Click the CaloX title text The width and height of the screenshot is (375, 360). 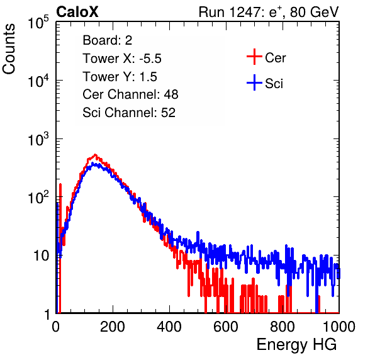[x=77, y=12]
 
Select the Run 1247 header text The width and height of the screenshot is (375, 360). [x=269, y=12]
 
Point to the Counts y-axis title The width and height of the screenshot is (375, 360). [x=9, y=49]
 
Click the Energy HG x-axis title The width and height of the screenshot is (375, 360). [x=296, y=345]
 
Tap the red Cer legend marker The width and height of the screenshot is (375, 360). [x=254, y=57]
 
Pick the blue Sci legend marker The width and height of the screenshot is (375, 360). [x=254, y=82]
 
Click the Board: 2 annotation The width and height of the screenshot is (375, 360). [x=108, y=40]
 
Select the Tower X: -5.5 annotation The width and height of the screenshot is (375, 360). [x=122, y=59]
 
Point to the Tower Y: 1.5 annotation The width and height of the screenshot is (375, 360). [x=120, y=77]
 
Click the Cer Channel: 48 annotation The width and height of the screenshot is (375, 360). [x=130, y=94]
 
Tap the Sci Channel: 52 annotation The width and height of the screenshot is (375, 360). [x=129, y=113]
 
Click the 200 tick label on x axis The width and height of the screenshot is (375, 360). [x=113, y=327]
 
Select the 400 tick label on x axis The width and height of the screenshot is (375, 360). [x=169, y=327]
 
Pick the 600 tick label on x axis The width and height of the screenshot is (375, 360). [x=226, y=327]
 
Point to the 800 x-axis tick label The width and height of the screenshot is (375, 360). [x=283, y=327]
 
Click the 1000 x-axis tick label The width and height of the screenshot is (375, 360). [x=339, y=327]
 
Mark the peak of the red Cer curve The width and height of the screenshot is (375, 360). [x=95, y=155]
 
